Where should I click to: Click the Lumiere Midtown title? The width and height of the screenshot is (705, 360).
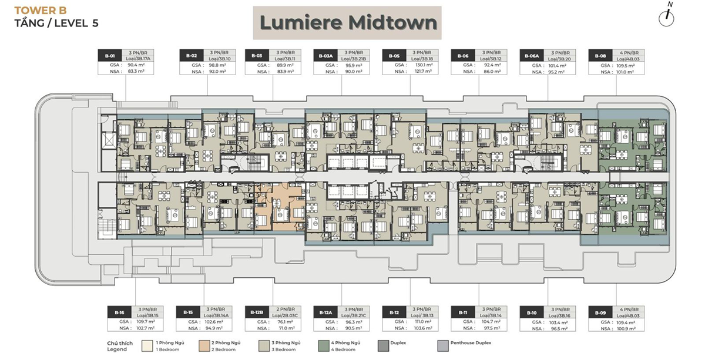tap(348, 23)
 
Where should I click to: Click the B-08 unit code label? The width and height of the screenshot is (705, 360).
tap(599, 56)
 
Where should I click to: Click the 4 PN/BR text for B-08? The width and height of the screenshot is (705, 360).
tap(637, 53)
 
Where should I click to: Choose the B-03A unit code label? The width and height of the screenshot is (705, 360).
tap(325, 56)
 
